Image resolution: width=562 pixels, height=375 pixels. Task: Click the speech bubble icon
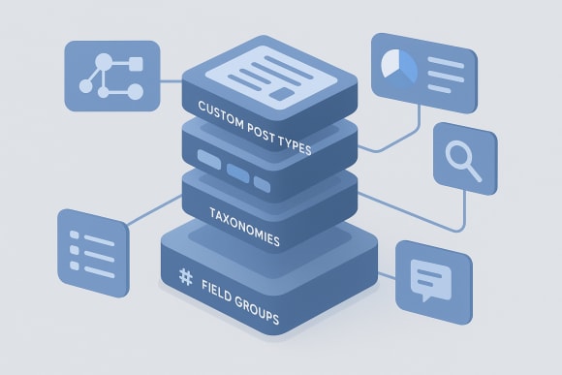tap(426, 278)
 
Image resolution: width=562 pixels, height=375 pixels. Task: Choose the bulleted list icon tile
tap(93, 246)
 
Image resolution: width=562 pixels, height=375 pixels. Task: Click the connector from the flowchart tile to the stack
tap(172, 82)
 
